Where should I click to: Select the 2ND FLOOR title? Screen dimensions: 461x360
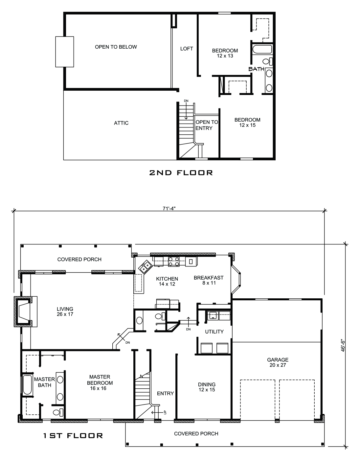pos(181,173)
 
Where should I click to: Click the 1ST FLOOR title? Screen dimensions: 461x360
pos(73,436)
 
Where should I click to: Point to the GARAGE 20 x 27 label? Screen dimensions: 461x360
pos(278,362)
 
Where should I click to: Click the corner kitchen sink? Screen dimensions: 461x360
pos(145,266)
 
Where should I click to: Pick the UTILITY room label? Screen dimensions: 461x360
pos(214,332)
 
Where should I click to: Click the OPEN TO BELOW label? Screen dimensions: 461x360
pos(116,47)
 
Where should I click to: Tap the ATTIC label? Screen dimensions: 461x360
pos(121,123)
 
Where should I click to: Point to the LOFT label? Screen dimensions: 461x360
pos(187,49)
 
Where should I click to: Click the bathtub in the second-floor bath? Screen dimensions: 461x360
pos(262,50)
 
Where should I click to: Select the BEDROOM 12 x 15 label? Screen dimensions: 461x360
pos(247,123)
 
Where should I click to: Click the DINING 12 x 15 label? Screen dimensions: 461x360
pos(207,387)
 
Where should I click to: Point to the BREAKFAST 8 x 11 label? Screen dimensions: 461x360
pos(209,280)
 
